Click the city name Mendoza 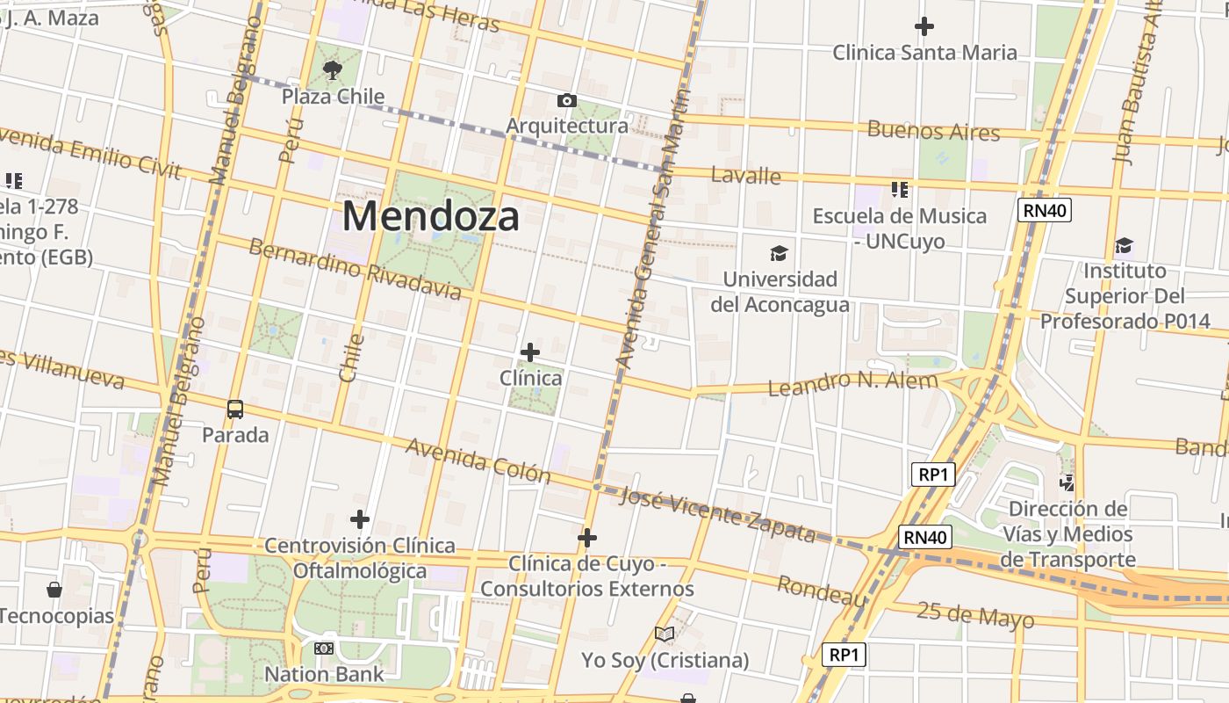click(x=430, y=216)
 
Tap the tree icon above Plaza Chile click(x=332, y=69)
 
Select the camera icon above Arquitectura click(x=567, y=100)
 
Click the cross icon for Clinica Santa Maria click(x=924, y=26)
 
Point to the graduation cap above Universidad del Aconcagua click(x=779, y=254)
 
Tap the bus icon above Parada click(x=235, y=409)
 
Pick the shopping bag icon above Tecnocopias click(x=54, y=589)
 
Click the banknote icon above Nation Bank click(x=324, y=649)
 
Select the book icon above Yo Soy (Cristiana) click(x=665, y=634)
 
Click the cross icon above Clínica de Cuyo click(x=587, y=537)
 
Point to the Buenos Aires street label click(x=933, y=131)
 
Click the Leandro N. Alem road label click(x=852, y=383)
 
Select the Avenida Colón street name click(x=478, y=460)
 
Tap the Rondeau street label click(x=822, y=591)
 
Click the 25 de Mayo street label click(x=974, y=615)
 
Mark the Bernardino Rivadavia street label click(x=355, y=268)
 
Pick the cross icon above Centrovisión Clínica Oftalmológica click(x=359, y=519)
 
